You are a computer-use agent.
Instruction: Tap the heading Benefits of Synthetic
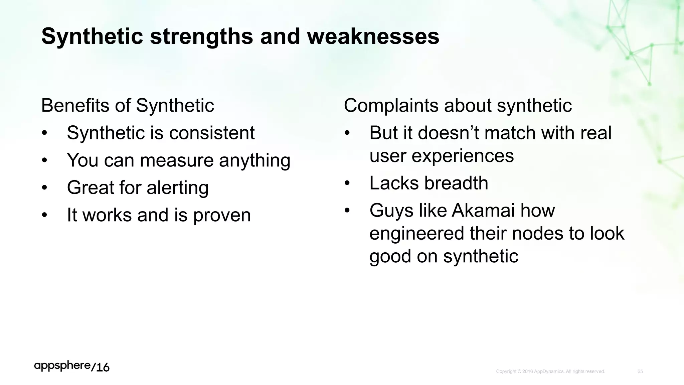[x=128, y=106]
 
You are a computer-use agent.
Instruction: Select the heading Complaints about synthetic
[x=458, y=106]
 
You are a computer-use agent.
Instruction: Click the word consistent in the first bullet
[x=212, y=133]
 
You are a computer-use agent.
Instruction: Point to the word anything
[x=254, y=160]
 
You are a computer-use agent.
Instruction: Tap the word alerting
[x=178, y=187]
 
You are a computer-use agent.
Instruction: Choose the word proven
[x=222, y=215]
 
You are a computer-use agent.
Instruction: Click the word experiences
[x=463, y=156]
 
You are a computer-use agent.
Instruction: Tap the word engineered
[x=417, y=233]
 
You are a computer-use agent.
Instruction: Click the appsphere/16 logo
[x=72, y=367]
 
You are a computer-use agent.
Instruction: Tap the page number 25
[x=640, y=371]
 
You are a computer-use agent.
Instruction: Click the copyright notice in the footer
[x=550, y=371]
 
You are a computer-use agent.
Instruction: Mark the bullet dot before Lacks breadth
[x=347, y=183]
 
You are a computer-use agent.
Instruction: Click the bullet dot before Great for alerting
[x=44, y=188]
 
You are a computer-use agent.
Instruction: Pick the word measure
[x=177, y=160]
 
